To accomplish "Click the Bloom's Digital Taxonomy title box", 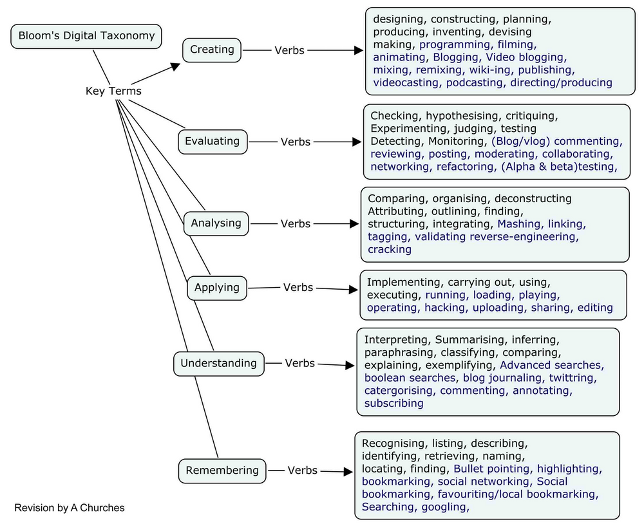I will click(87, 35).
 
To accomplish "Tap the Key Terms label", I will click(113, 91).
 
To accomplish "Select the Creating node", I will click(212, 50).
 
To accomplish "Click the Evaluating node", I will click(212, 141).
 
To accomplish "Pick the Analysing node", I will click(216, 223).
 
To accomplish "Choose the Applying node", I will click(217, 288).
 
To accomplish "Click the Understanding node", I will click(218, 363).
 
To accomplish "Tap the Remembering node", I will click(222, 471).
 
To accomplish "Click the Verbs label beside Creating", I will click(290, 50).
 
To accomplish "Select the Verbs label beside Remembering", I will click(303, 471).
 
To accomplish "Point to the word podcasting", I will click(475, 82).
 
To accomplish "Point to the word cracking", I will click(389, 249).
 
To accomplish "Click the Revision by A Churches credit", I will click(70, 508).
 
